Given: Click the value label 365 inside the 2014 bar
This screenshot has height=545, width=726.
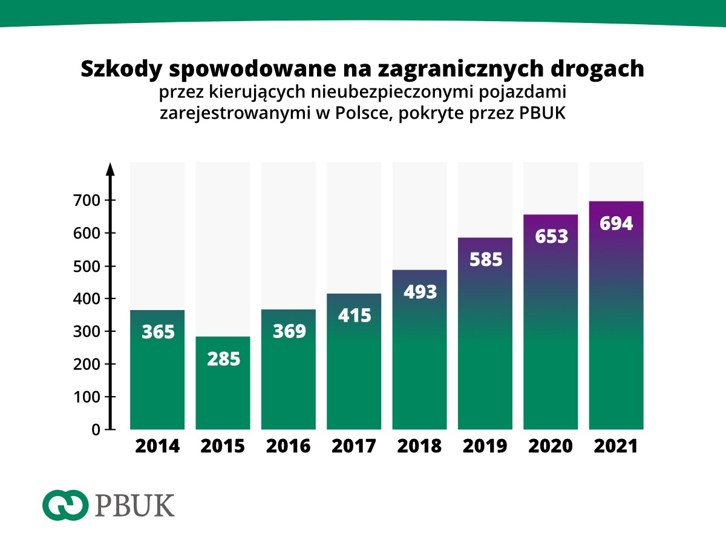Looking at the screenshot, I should [158, 332].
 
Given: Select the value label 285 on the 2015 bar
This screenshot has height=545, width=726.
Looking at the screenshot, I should [223, 358].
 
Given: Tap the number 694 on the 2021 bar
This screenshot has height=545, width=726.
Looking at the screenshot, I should [616, 223].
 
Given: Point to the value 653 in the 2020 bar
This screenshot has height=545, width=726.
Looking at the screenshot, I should [551, 236].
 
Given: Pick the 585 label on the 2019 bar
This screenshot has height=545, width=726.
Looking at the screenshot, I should [485, 259].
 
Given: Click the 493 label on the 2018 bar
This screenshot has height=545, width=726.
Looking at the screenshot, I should [420, 292].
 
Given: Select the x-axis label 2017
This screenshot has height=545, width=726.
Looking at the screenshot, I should [354, 446].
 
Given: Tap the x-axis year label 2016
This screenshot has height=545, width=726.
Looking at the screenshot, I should [289, 446].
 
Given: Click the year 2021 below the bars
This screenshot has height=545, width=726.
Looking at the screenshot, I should [616, 446].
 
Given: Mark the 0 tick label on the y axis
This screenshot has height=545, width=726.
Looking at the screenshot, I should [96, 430].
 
